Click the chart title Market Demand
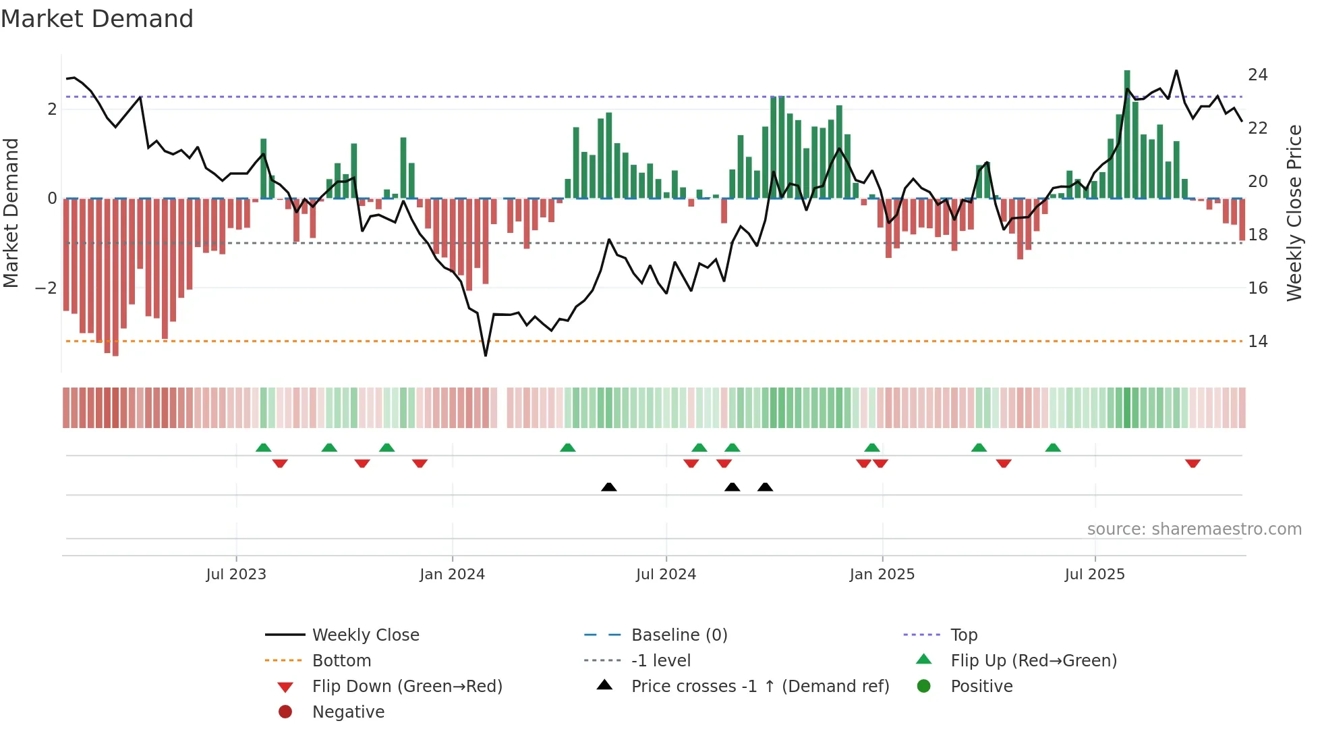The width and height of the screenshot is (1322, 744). pos(97,19)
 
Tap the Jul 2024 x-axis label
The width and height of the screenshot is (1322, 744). pos(666,575)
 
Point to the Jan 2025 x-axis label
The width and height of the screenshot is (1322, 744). pos(882,575)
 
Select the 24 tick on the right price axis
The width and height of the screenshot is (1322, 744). pos(1258,75)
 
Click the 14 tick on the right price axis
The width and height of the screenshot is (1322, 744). pos(1258,342)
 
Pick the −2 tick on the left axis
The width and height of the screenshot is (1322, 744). pos(46,288)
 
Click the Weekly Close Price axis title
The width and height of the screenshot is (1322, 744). pos(1294,213)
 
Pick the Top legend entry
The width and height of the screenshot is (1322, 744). pos(964,635)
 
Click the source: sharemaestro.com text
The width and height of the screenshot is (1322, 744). pos(1194,529)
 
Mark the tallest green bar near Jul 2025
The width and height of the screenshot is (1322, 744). pos(1127,135)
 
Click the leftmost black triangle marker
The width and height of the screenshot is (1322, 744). pos(608,487)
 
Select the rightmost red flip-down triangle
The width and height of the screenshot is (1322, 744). pos(1192,463)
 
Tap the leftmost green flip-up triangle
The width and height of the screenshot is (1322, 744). pos(264,448)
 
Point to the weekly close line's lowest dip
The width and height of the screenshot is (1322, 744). pos(486,354)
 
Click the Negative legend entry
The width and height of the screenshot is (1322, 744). pos(348,712)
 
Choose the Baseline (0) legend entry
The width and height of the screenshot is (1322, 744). pos(679,635)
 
